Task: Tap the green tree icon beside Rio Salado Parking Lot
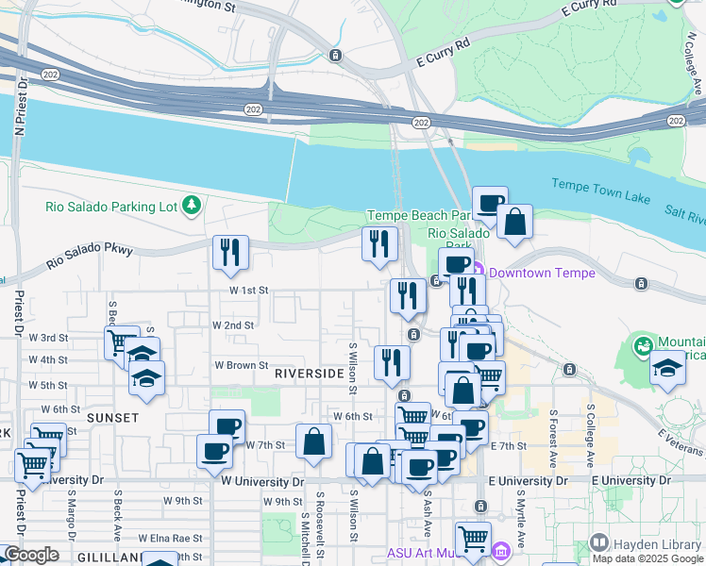[192, 205]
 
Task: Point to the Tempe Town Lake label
[601, 191]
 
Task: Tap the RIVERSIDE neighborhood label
[310, 374]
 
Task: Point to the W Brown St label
[242, 365]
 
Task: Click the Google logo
[31, 555]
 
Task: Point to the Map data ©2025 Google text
[647, 558]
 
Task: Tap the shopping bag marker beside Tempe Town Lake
[515, 222]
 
